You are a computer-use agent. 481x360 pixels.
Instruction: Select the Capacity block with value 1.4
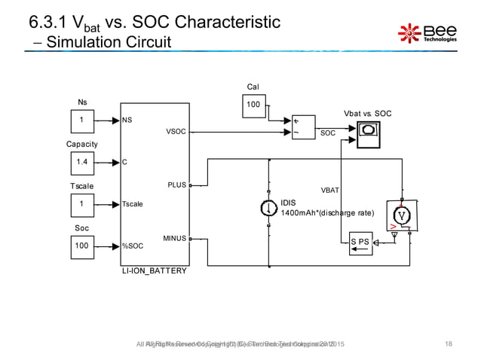coord(81,161)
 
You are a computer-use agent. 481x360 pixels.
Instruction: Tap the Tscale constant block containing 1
coord(81,203)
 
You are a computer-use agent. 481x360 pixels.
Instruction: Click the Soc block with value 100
coord(81,246)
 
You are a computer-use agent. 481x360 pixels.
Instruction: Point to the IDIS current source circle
coord(268,208)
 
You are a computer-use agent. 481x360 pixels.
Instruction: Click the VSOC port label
coord(176,131)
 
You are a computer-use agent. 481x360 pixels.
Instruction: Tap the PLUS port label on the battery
coord(176,184)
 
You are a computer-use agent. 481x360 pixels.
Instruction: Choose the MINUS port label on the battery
coord(174,239)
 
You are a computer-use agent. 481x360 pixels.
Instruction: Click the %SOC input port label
coord(133,246)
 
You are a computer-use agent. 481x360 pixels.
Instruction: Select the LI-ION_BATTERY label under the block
coord(154,270)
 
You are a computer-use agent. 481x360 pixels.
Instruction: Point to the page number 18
coord(449,344)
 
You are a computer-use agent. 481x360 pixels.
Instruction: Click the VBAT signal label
coord(329,191)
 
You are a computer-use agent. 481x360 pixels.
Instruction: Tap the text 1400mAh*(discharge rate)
coord(327,213)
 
